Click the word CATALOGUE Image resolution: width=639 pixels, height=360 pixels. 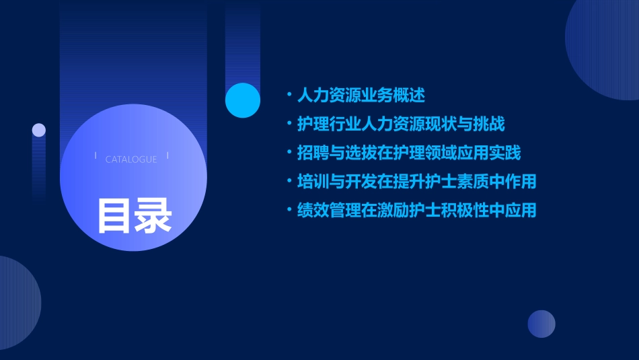point(131,159)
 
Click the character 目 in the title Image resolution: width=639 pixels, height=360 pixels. point(115,215)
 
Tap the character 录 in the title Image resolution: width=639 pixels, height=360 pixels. point(153,215)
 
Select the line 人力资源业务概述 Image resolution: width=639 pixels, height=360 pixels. point(361,95)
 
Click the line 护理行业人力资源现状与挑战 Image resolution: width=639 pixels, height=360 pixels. point(401,124)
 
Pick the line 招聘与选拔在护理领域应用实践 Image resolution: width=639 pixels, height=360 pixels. point(409,153)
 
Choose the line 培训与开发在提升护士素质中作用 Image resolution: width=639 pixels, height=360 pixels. point(416,182)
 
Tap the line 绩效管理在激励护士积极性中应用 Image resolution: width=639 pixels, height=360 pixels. point(416,210)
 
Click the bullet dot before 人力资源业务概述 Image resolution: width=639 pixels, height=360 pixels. point(289,95)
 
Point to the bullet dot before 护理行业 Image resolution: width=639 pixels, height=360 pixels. point(289,124)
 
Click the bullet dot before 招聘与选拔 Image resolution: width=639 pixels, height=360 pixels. point(289,153)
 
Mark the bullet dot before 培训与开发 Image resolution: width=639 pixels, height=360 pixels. point(289,182)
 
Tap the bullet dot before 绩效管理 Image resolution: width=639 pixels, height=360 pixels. point(289,210)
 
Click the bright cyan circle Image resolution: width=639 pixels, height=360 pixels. point(243,100)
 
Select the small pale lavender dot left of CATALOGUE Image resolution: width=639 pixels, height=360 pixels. point(39,130)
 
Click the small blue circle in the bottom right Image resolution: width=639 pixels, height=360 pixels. point(541,324)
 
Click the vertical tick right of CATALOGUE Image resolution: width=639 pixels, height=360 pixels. point(167,155)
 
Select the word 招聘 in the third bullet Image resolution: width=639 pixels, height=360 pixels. point(312,153)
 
